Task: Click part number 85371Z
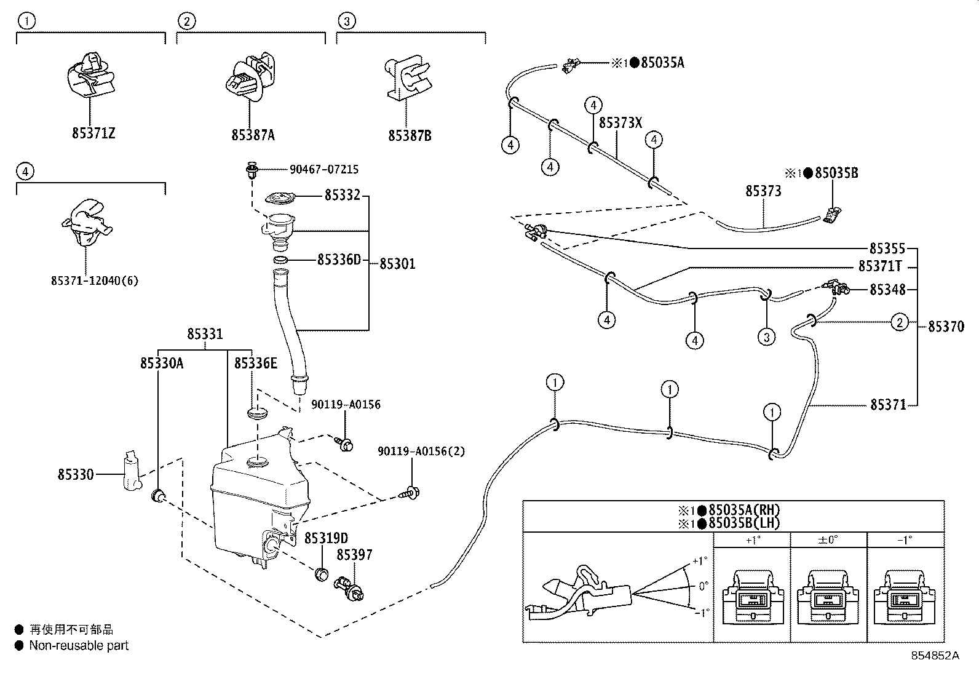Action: coord(93,133)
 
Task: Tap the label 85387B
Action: coord(410,135)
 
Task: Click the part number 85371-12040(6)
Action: coord(95,281)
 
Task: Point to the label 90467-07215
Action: coord(324,169)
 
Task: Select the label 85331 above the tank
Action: coord(205,334)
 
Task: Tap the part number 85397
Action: coord(354,555)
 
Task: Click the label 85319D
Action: coord(326,538)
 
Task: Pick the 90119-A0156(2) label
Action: coord(421,451)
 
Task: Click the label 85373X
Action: coord(620,122)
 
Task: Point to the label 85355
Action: coord(887,249)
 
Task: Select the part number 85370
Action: coord(946,327)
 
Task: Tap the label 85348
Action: coord(887,289)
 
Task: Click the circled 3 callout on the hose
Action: coord(766,337)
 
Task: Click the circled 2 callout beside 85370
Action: coord(899,322)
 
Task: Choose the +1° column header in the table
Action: coord(751,541)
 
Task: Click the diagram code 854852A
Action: coord(935,656)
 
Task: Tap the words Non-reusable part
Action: coord(79,646)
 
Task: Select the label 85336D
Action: coord(339,260)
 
